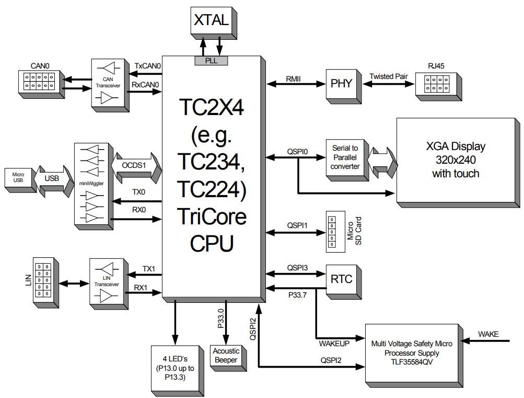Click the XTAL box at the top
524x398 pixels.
pyautogui.click(x=211, y=21)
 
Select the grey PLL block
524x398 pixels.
pyautogui.click(x=211, y=61)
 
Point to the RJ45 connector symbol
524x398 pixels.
pyautogui.click(x=434, y=84)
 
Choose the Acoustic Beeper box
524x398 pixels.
pyautogui.click(x=226, y=356)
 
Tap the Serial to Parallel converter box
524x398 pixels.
pyautogui.click(x=345, y=157)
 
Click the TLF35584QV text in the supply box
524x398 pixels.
pyautogui.click(x=411, y=362)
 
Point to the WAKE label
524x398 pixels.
pyautogui.click(x=488, y=334)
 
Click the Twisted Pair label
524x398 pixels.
pyautogui.click(x=388, y=76)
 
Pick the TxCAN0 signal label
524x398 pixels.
pyautogui.click(x=147, y=66)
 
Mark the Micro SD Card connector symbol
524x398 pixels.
pyautogui.click(x=331, y=230)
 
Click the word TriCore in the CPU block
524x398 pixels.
pyautogui.click(x=211, y=215)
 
